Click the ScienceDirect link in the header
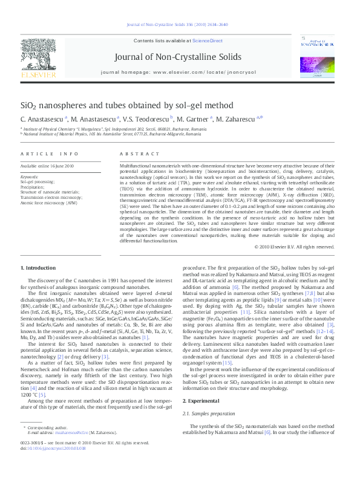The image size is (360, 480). [x=207, y=41]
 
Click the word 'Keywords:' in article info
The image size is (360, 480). [x=29, y=176]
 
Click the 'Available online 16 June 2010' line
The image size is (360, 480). [x=47, y=166]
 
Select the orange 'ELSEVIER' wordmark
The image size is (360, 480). [x=38, y=75]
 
